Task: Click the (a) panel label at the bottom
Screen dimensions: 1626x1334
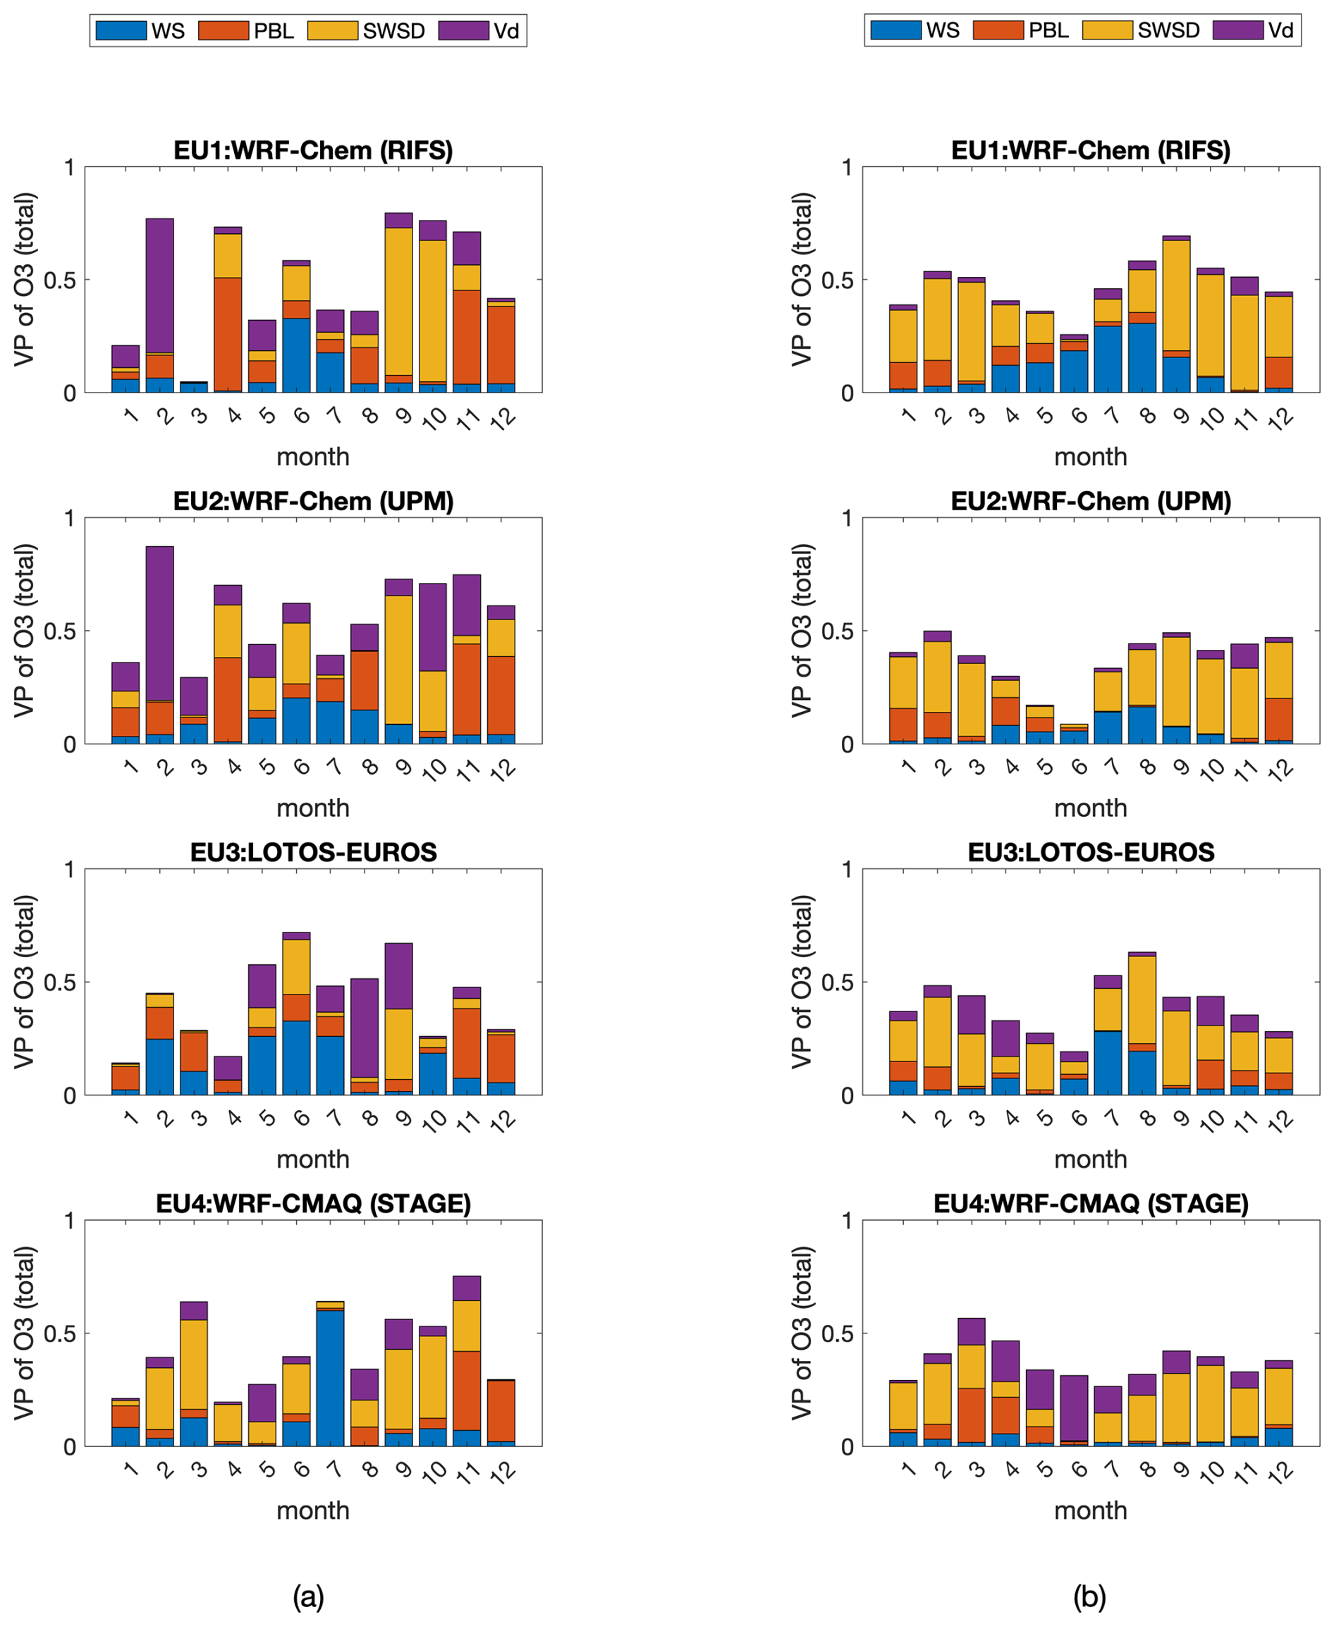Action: click(308, 1597)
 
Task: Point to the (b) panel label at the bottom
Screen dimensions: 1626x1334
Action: click(1089, 1597)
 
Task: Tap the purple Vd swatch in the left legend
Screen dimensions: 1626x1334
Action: click(463, 31)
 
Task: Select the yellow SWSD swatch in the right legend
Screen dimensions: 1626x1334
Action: click(1107, 30)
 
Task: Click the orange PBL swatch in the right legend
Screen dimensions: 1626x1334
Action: click(998, 30)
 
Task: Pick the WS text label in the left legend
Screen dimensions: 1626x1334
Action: click(168, 31)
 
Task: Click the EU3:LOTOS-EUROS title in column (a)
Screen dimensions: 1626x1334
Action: click(314, 852)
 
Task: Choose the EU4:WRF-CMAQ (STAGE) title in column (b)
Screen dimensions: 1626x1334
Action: click(1091, 1203)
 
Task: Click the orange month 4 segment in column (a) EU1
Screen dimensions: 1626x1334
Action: click(228, 334)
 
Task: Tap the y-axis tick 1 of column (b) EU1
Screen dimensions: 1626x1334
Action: click(846, 168)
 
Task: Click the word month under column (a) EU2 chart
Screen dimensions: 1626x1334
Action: click(313, 808)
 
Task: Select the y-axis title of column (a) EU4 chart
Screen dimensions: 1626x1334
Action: click(25, 1333)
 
